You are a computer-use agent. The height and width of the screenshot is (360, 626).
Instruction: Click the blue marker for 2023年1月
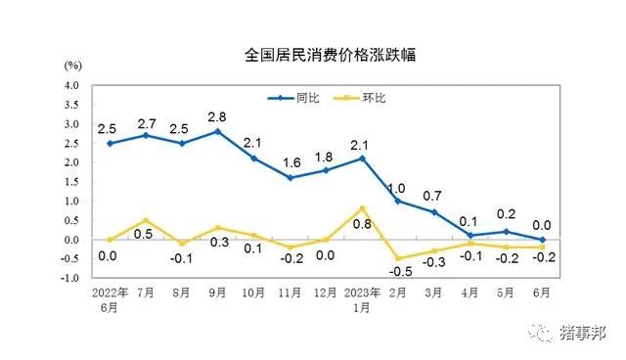(x=363, y=158)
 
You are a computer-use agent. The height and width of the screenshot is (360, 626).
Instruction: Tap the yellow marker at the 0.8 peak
(x=363, y=208)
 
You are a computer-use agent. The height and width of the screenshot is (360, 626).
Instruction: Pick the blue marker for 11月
(x=290, y=178)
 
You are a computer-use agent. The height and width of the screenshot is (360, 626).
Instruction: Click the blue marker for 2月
(x=399, y=201)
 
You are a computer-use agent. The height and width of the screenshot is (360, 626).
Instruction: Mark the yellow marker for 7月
(x=145, y=220)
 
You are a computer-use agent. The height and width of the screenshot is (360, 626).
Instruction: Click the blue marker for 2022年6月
(x=109, y=143)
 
